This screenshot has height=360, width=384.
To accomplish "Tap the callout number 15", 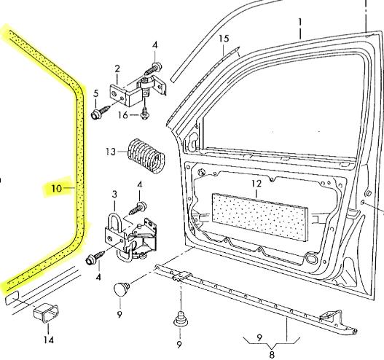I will [223, 38].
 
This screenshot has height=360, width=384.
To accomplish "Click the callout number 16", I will [124, 115].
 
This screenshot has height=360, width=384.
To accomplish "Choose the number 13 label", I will [110, 152].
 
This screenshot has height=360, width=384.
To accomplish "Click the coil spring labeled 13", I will [146, 152].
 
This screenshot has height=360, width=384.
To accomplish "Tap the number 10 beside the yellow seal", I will [55, 188].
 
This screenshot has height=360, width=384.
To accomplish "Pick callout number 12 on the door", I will [256, 184].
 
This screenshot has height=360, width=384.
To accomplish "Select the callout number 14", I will [48, 339].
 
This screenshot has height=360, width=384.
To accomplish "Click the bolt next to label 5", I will [98, 114].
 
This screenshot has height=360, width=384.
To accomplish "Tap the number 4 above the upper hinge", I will [155, 46].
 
